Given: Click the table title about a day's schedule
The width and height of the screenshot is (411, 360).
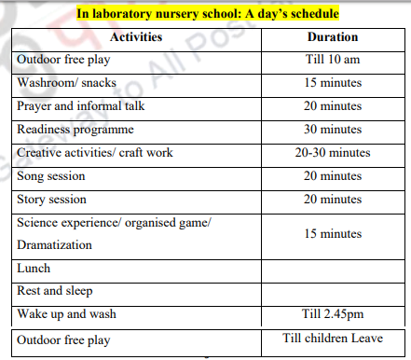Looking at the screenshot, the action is tap(208, 14).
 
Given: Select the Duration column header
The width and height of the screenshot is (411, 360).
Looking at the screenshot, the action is tap(333, 36).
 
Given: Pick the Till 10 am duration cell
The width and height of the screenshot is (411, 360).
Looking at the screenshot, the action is tap(333, 60).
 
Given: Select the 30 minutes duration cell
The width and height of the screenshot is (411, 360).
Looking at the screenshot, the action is tap(333, 129).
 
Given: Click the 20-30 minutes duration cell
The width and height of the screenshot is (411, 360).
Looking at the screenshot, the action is tap(333, 152).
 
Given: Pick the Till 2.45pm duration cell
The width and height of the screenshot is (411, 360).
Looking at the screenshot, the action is tap(333, 314).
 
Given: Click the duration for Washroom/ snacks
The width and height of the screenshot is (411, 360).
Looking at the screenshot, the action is tap(333, 82).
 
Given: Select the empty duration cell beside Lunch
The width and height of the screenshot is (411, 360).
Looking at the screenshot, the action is tap(333, 268).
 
